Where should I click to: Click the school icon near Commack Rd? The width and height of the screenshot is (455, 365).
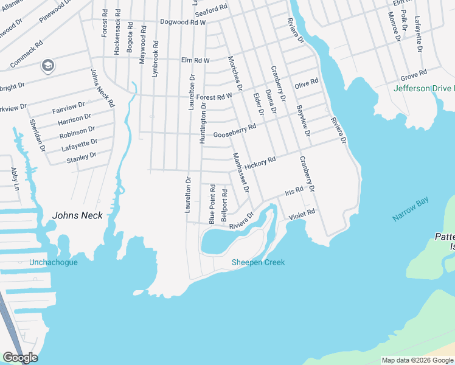47,65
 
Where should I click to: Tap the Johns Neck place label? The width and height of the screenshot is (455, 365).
77,215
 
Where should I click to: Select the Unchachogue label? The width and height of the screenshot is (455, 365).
54,263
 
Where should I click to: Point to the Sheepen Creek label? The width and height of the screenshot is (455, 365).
258,262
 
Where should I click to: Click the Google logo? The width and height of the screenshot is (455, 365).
20,357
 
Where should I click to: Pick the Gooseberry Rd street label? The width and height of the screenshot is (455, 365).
235,131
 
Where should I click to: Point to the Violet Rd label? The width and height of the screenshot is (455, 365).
302,214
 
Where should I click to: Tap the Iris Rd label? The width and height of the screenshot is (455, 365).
294,192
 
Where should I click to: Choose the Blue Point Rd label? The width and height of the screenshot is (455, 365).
212,204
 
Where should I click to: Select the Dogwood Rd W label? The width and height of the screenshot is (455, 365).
183,22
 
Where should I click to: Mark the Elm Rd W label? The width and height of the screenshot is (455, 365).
195,60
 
